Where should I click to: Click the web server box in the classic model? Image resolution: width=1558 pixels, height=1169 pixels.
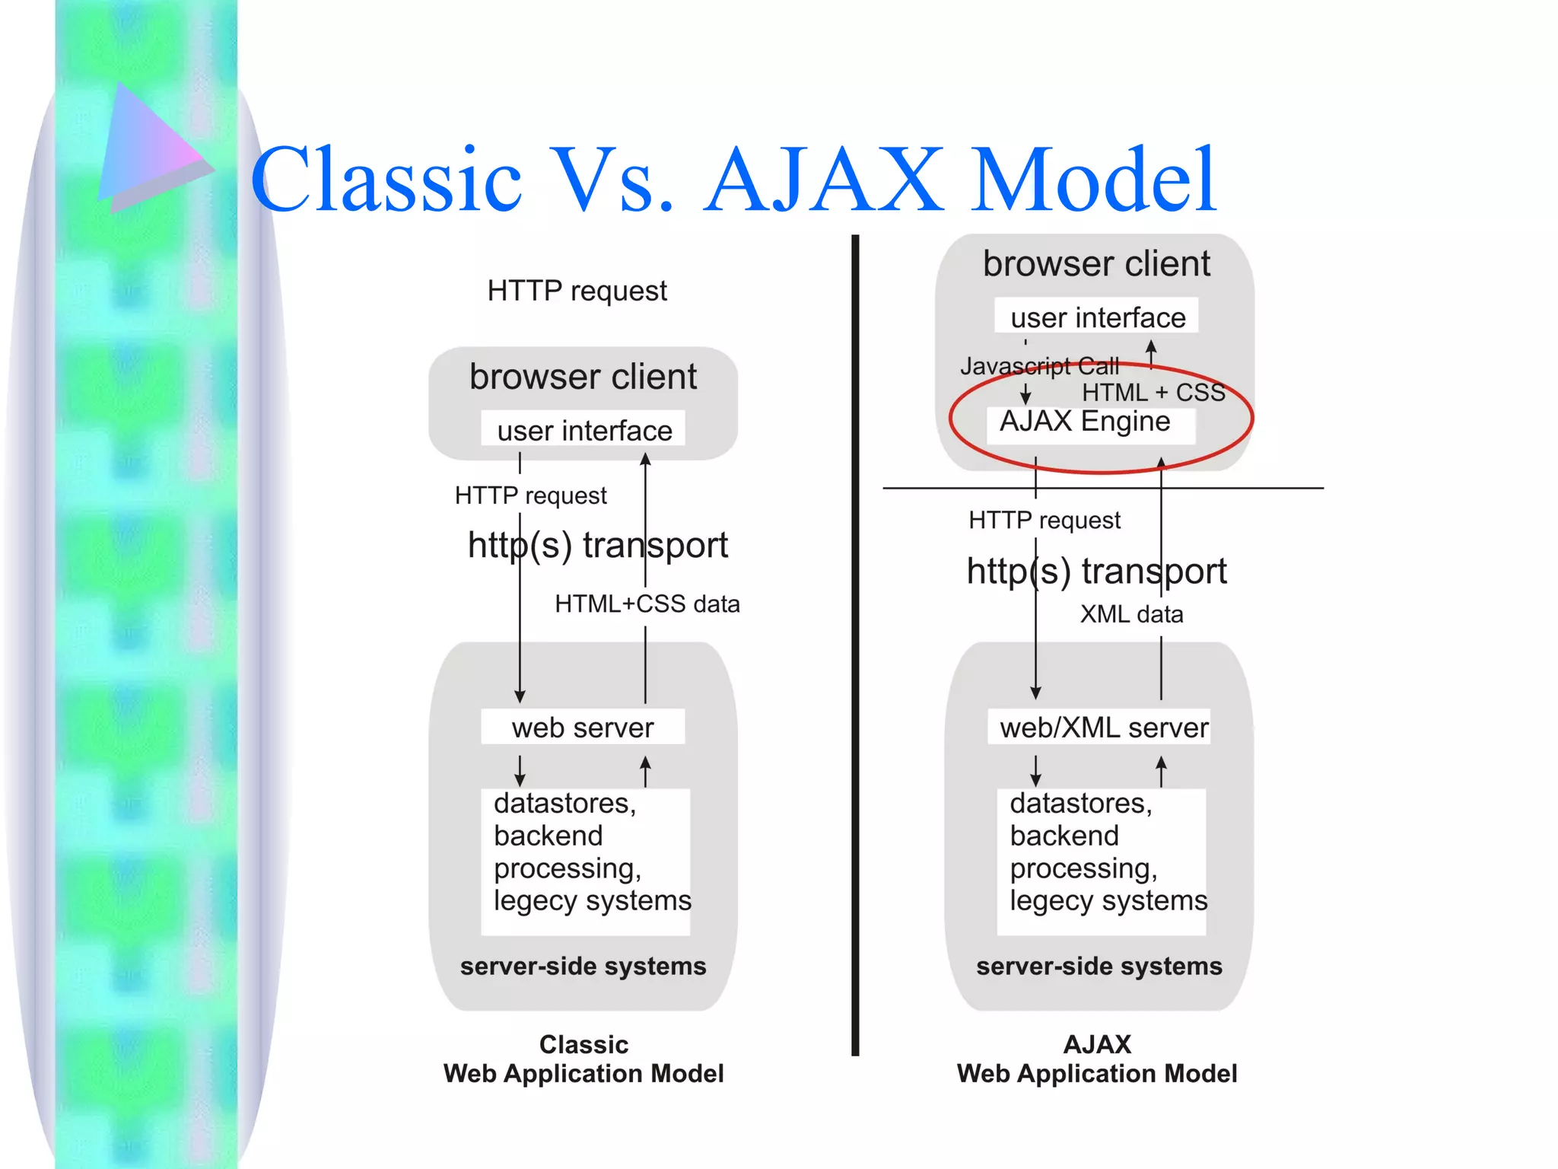click(x=583, y=728)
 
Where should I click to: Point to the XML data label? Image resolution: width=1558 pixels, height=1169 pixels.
click(x=1131, y=614)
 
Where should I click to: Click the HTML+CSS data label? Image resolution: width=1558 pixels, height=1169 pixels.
click(x=647, y=604)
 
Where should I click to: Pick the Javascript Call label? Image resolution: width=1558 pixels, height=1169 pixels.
click(x=1039, y=366)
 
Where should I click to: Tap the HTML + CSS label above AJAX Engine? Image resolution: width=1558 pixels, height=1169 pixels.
click(x=1153, y=393)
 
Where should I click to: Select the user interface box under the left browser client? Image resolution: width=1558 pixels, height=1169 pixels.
click(x=583, y=430)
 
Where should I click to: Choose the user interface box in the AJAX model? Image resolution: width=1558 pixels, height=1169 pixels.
click(x=1097, y=317)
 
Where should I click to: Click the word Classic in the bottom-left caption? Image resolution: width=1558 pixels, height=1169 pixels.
click(x=583, y=1044)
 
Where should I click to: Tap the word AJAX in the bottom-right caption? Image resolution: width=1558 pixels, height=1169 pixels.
click(x=1097, y=1044)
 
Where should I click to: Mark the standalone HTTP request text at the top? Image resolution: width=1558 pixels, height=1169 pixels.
click(x=577, y=291)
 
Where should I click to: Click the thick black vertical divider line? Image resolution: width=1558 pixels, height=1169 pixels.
click(x=855, y=647)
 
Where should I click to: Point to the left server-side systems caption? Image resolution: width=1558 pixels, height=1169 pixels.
click(x=583, y=966)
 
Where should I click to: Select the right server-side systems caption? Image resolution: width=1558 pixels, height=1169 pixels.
click(x=1099, y=966)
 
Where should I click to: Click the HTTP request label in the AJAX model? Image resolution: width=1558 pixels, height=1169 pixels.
click(x=1044, y=521)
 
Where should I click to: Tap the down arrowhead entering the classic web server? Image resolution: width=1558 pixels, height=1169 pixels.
click(x=520, y=696)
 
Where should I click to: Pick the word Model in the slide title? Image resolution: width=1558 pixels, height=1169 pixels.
click(x=1094, y=180)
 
